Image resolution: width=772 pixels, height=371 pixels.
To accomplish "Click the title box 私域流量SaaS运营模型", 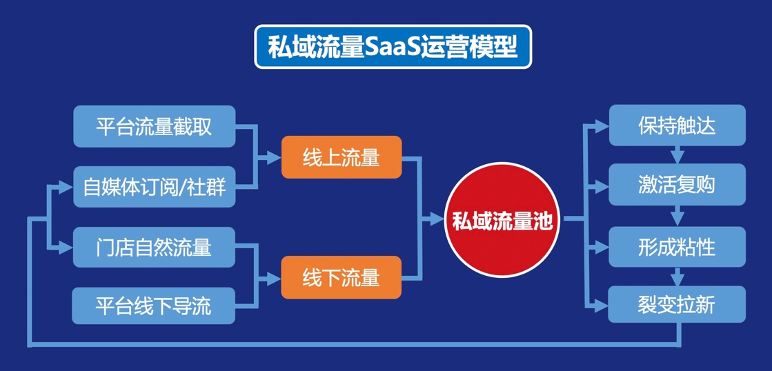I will coord(393,47).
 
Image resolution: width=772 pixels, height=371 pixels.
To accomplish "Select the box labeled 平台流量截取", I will coord(154,126).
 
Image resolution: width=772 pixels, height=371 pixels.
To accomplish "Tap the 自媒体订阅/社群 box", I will coord(154,187).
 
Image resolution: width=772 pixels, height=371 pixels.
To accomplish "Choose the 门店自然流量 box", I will coord(154,247).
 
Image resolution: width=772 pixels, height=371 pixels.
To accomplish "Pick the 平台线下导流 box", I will coord(154,305).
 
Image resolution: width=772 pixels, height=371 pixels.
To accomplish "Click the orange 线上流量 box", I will coord(341,158).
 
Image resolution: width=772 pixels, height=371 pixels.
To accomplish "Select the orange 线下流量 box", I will coord(341,277).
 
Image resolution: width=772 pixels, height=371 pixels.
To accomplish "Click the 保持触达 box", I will coord(676,126).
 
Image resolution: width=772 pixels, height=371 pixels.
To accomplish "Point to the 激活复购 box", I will coord(676,185).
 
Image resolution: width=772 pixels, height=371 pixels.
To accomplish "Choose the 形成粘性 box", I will coord(676,246).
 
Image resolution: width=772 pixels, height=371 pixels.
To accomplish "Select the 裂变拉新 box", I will coord(676,304).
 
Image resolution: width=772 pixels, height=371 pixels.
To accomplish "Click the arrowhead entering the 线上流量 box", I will coord(274,158).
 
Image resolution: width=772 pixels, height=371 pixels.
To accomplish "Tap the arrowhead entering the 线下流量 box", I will coord(274,277).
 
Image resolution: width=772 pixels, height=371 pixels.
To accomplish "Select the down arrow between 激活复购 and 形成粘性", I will coord(677,216).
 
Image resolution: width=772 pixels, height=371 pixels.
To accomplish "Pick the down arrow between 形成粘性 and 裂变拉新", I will coord(677,277).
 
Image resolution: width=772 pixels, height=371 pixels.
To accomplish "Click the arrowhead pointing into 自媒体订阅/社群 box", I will coord(66,186).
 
